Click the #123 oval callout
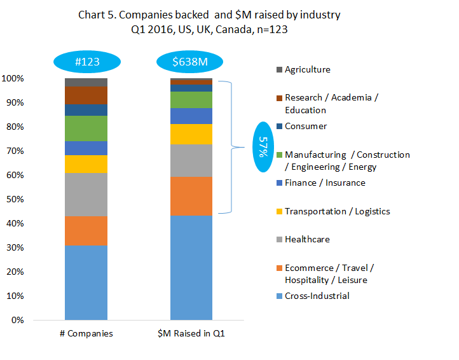pos(85,62)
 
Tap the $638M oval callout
pos(191,62)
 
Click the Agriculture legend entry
pos(307,70)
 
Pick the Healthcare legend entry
pos(307,239)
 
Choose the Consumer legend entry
pos(306,126)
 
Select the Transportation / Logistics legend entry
pos(337,211)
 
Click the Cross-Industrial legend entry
pos(317,296)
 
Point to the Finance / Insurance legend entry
pos(325,183)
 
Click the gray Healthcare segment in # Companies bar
pos(86,194)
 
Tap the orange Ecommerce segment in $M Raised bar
pos(191,196)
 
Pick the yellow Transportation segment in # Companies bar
pos(86,164)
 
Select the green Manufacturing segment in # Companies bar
pos(86,128)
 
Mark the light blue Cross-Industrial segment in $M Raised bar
pos(191,268)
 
